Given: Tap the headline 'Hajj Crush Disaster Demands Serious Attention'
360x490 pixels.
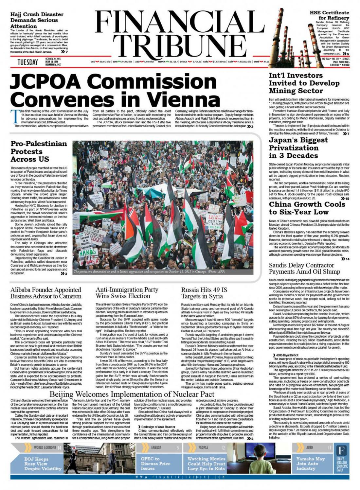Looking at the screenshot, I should point(37,20).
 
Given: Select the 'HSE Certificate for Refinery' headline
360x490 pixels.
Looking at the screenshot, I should point(329,15).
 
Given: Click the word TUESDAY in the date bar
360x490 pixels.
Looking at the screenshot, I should point(27,62).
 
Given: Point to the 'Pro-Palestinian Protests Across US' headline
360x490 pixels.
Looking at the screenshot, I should point(39,151).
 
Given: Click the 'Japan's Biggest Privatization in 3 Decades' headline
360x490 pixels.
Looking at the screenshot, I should point(298,148).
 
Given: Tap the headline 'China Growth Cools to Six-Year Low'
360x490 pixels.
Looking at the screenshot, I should point(307,208).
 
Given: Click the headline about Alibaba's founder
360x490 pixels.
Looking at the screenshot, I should point(46,293).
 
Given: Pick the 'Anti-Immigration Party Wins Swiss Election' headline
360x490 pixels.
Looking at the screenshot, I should point(127,293).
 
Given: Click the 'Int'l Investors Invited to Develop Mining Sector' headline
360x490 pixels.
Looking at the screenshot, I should point(304,83).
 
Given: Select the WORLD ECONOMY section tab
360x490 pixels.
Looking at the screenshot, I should point(45,447).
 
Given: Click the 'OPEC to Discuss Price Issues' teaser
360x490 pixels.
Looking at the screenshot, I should point(155,464).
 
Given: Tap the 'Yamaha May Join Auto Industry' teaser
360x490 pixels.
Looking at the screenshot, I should point(310,464).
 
